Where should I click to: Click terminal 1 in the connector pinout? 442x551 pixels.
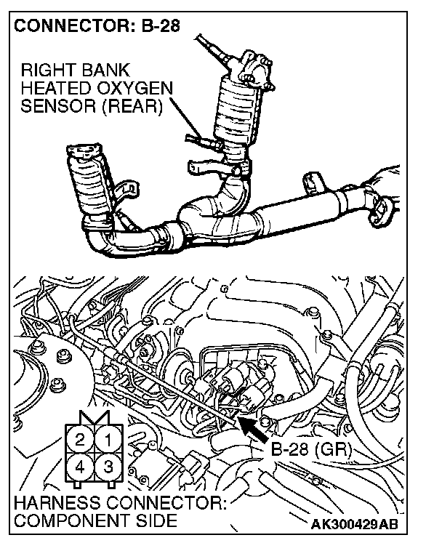coord(108,439)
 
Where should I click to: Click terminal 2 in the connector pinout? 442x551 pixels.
coord(81,439)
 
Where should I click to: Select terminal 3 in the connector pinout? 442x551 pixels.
coord(108,466)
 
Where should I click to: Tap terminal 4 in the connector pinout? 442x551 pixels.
coord(81,466)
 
